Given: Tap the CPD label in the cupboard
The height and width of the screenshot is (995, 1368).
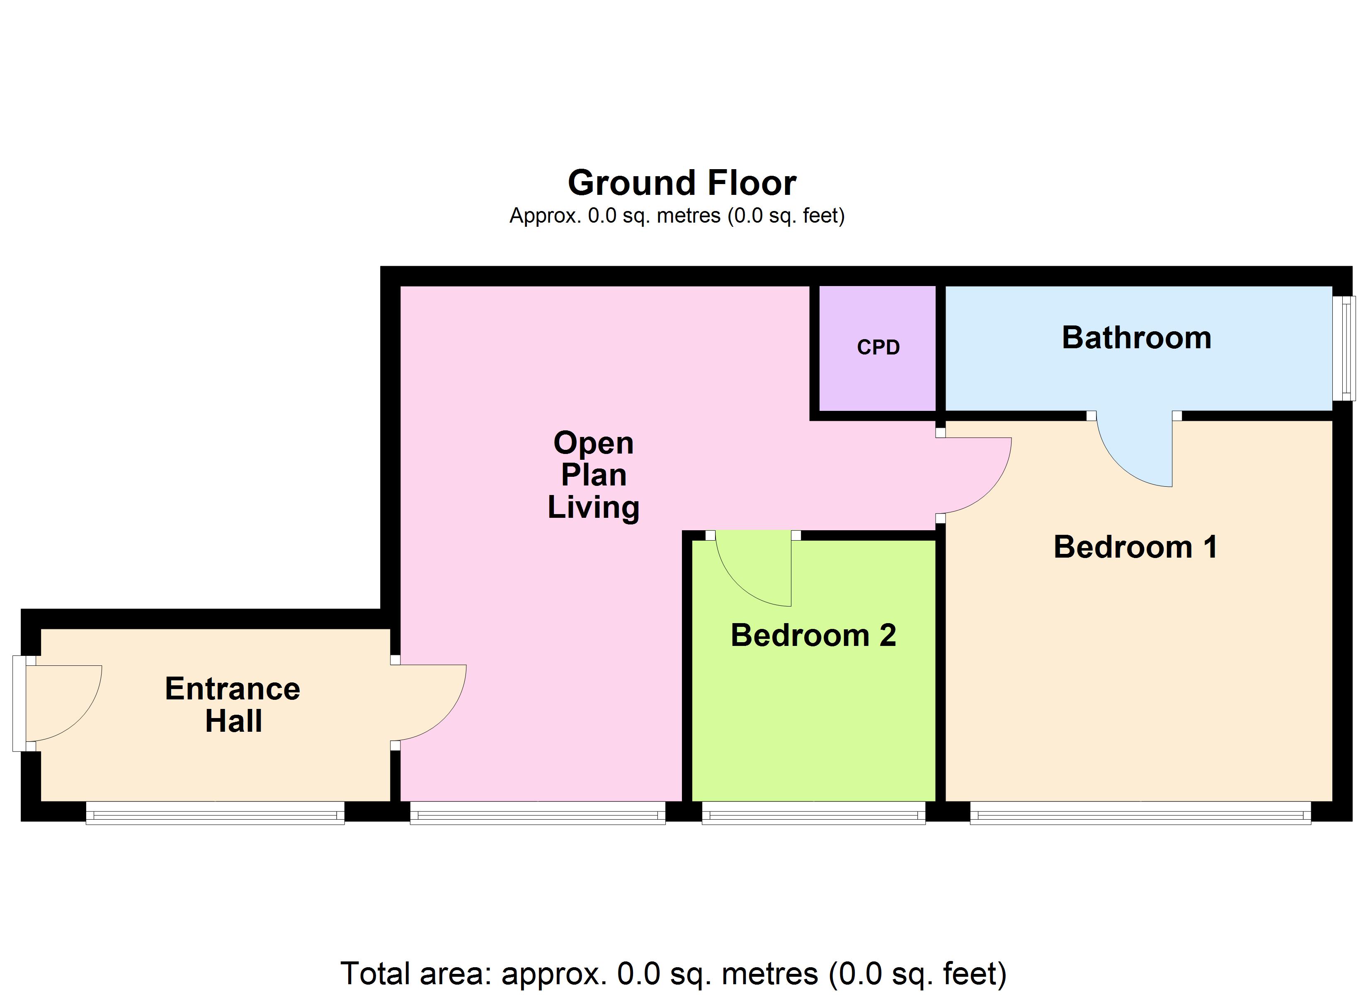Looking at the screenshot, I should tap(878, 347).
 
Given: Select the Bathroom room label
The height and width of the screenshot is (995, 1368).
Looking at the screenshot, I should tap(1136, 337).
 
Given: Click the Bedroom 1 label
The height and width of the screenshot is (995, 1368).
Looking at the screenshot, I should tap(1135, 547).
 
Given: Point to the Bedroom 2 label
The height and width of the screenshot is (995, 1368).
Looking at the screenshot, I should tap(813, 636).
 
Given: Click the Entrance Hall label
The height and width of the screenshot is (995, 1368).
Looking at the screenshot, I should tap(233, 705).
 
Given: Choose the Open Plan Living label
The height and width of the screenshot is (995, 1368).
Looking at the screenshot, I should tap(594, 475).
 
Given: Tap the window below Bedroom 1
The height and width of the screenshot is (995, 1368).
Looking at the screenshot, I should tap(1140, 813).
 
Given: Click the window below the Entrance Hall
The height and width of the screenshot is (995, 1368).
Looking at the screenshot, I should tap(215, 813).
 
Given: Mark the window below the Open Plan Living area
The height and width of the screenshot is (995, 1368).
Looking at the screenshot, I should tap(537, 813).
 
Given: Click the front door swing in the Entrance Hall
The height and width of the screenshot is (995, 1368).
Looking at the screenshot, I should tap(61, 700).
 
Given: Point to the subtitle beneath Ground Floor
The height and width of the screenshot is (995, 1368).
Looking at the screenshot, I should tap(677, 216).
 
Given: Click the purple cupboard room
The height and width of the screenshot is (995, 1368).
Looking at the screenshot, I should tap(878, 374).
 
